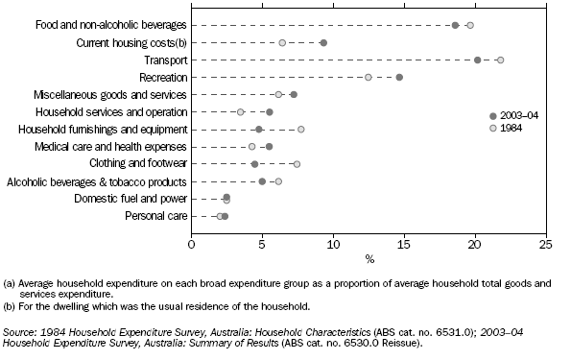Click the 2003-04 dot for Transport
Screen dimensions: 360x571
478,60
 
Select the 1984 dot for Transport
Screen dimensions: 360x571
500,60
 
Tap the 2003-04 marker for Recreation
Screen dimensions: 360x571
399,77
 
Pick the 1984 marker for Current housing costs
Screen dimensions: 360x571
282,42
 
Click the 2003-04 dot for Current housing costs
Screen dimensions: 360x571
323,42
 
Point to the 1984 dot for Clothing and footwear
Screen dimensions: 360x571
297,164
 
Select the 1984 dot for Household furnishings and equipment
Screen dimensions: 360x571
300,129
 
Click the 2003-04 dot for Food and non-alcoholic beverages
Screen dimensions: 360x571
455,25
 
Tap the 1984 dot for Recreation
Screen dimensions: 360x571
368,77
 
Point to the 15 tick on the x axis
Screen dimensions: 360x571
404,245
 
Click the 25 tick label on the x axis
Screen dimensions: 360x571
545,245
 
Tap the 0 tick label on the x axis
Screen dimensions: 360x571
191,245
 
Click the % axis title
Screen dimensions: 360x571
369,258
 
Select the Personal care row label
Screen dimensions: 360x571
157,216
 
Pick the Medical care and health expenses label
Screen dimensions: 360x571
119,146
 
